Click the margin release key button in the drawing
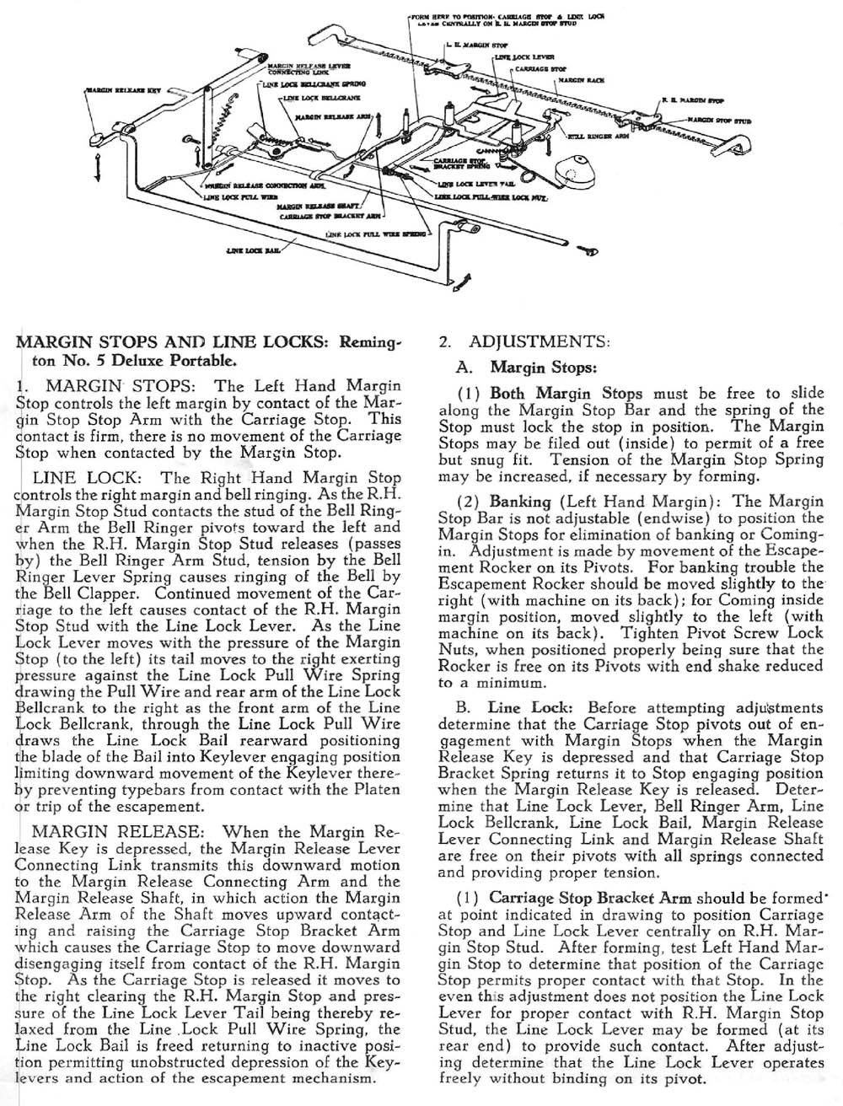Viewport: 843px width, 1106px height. (99, 137)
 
